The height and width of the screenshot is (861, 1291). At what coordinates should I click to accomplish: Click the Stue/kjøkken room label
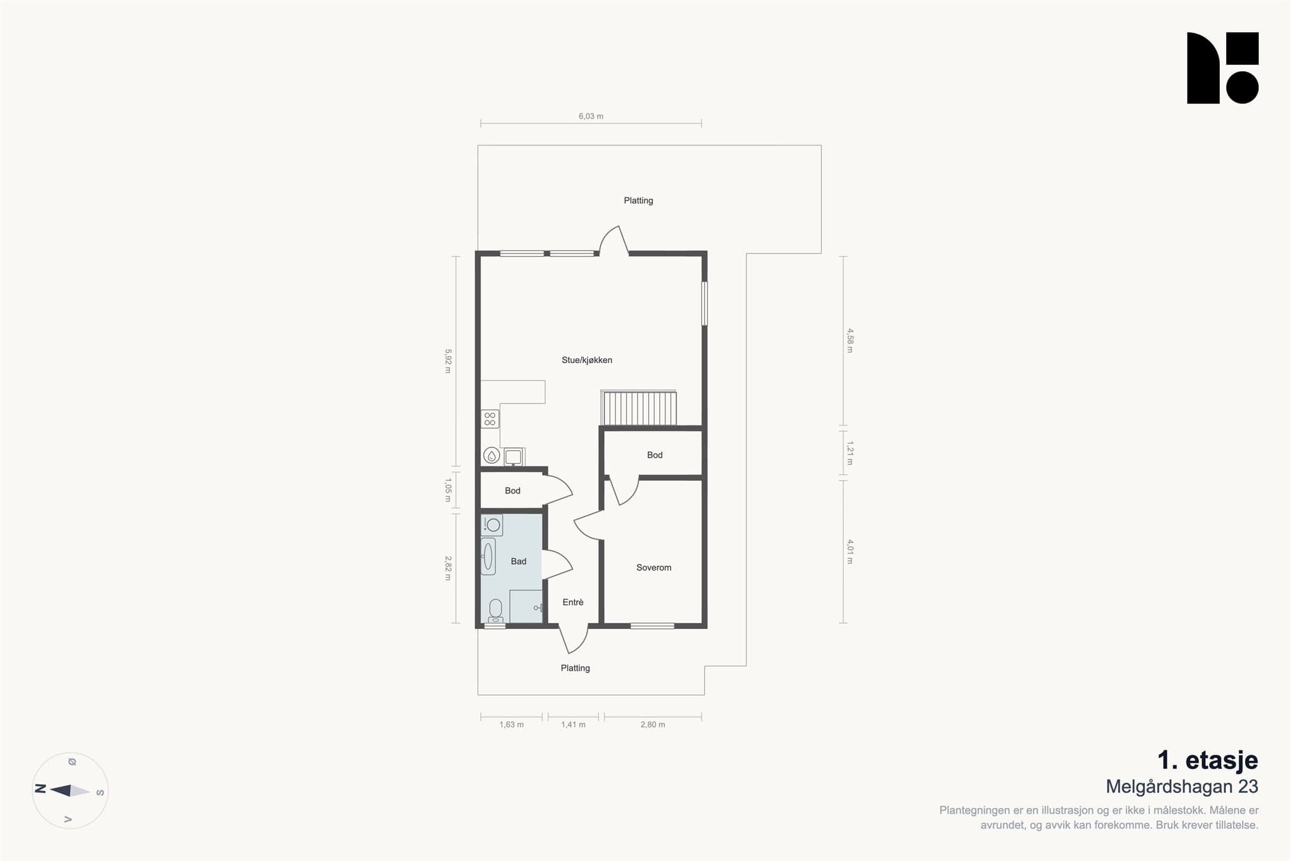coord(587,360)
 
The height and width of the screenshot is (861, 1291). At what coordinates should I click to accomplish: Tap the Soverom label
coord(654,567)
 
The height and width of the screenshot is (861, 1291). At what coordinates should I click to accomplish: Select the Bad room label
coord(518,561)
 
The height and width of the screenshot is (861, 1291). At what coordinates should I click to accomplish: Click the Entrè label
coord(573,602)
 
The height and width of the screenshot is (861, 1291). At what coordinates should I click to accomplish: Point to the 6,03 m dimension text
coord(591,116)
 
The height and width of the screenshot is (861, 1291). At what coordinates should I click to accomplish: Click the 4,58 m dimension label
coord(850,340)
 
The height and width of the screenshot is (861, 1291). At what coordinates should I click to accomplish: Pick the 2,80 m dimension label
coord(652,724)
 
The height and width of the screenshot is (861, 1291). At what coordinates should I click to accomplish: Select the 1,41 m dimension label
coord(573,724)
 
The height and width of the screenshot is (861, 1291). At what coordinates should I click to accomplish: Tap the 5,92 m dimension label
coord(448,361)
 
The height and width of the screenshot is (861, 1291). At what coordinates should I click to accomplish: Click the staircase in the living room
coord(639,408)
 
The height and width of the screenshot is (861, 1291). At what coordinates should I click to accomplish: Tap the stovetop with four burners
coord(490,419)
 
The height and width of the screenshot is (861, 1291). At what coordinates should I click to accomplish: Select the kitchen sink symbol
coord(513,456)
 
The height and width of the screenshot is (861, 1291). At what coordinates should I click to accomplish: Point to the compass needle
coord(70,790)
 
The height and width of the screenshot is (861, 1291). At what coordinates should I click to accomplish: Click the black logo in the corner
coord(1222,67)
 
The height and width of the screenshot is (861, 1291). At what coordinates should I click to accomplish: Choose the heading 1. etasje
coord(1207,760)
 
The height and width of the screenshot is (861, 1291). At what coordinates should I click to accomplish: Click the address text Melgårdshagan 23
coord(1182,787)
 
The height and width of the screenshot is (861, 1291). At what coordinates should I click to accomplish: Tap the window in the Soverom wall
coord(652,626)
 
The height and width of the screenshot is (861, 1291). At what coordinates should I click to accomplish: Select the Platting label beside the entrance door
coord(576,668)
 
